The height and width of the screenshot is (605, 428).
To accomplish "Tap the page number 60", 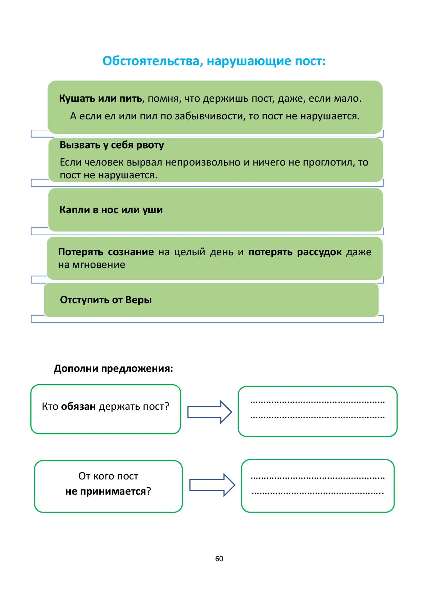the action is point(219,559).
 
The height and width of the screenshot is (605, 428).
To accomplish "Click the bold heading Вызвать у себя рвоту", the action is point(112,145).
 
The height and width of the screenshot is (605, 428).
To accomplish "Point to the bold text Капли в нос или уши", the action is point(111,210).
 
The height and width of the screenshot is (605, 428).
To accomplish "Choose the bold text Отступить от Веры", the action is point(106,300).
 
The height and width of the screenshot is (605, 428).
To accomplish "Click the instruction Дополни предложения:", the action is point(113,368).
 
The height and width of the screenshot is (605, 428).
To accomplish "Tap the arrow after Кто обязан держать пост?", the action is point(210,412).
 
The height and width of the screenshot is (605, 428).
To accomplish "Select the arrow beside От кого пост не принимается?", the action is point(212,485).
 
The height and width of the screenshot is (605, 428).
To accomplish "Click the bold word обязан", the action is point(78,406).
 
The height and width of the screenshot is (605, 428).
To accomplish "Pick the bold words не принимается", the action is point(106,491).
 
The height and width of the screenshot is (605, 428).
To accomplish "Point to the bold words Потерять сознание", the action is point(106,252).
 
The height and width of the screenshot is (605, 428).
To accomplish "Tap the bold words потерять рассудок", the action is point(295,252).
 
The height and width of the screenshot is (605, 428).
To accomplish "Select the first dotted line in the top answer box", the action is point(317,402).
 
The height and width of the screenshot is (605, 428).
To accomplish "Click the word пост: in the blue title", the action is point(310,61).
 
